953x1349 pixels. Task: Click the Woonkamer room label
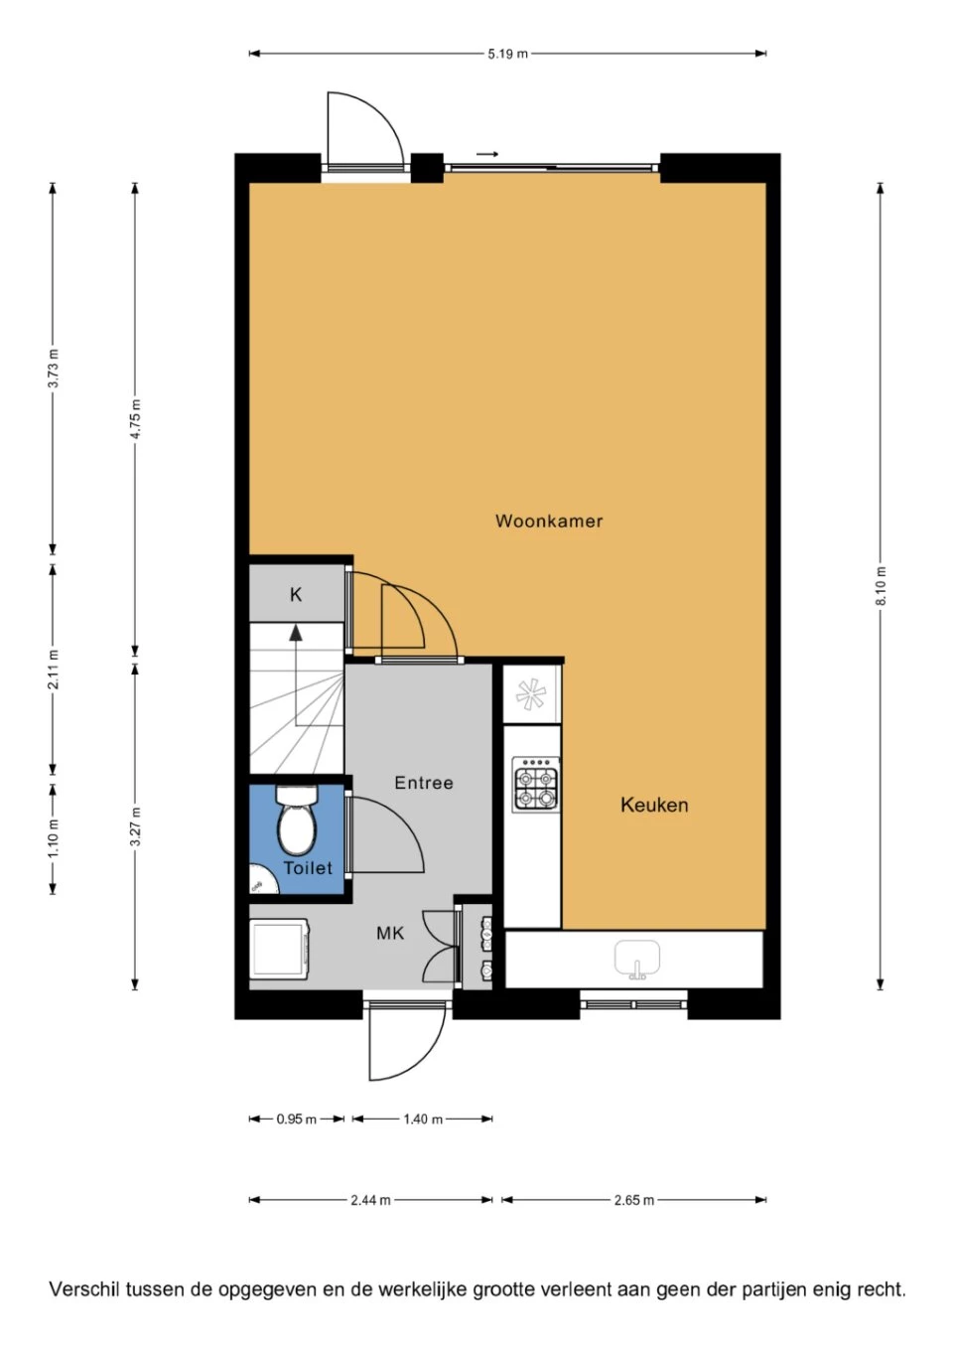click(549, 521)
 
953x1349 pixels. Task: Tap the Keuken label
click(654, 805)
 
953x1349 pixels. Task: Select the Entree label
click(424, 783)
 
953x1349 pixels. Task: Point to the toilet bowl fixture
click(296, 820)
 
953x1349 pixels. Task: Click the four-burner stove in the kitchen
click(535, 783)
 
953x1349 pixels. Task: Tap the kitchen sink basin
click(636, 958)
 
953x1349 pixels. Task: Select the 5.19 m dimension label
click(507, 54)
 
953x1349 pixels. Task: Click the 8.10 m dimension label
click(881, 586)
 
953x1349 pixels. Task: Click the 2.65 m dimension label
click(633, 1200)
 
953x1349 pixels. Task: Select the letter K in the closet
click(296, 595)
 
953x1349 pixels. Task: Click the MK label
click(390, 934)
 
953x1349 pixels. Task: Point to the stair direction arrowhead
click(296, 633)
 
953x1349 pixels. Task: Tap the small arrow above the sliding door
click(487, 154)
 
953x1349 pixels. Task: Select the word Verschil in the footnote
click(83, 1288)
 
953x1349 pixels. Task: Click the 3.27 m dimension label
click(135, 825)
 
